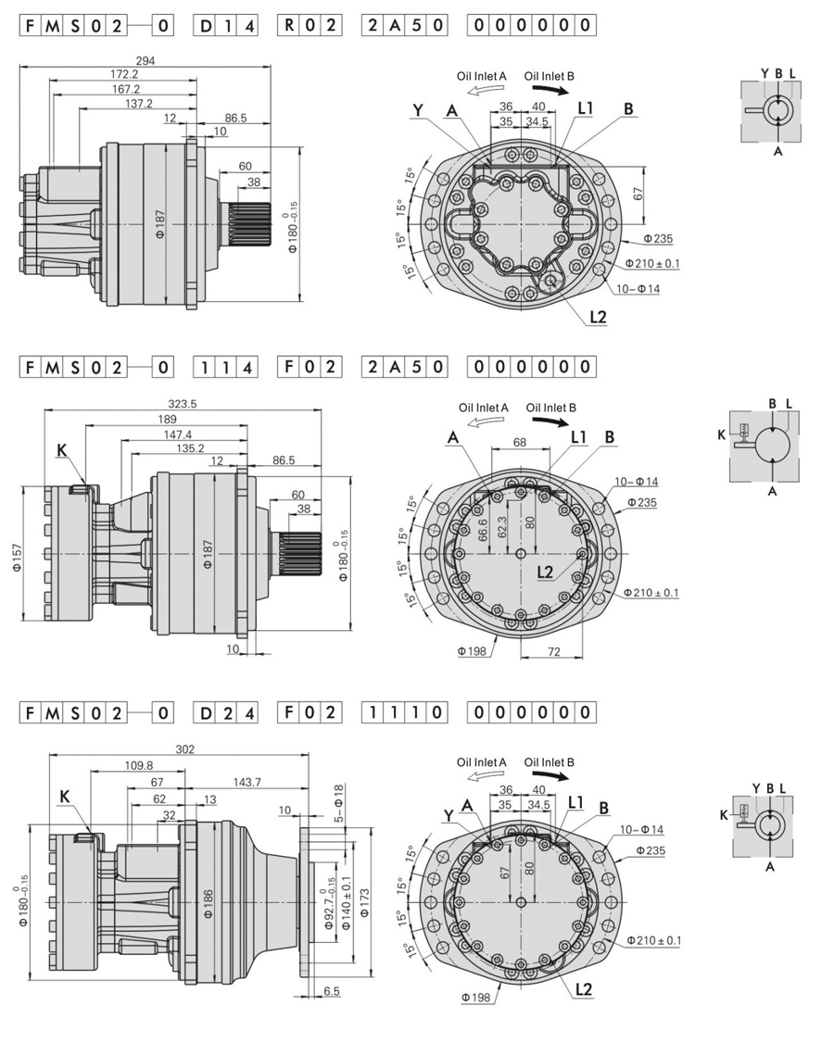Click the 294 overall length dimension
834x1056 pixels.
click(145, 59)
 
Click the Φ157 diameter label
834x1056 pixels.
click(16, 554)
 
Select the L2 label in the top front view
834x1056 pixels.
click(598, 317)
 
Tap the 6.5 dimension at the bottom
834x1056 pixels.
click(332, 991)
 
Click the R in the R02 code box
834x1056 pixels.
click(288, 26)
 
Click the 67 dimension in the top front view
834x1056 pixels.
click(638, 194)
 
